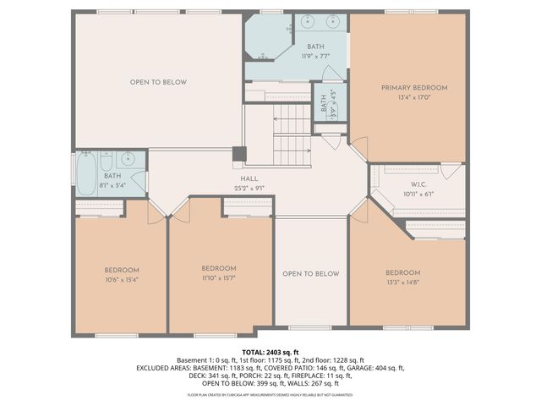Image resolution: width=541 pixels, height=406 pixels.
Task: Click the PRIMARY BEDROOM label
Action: pos(413,87)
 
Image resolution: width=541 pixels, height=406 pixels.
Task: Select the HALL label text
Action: pos(249,178)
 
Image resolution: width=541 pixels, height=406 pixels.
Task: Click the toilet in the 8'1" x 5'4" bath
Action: pos(106,161)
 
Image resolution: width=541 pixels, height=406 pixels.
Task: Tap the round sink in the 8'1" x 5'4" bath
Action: pos(128,159)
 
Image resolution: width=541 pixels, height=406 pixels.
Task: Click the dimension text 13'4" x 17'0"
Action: pos(413,97)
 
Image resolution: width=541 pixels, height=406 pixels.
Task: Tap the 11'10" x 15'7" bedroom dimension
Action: pos(218,277)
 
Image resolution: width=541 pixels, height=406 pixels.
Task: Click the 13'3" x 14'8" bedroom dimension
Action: pos(402,283)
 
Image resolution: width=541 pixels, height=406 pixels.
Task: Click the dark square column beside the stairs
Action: pos(239,154)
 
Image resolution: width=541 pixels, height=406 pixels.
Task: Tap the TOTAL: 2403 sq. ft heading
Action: pos(270,351)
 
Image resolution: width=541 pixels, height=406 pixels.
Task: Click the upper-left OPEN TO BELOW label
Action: pos(158,82)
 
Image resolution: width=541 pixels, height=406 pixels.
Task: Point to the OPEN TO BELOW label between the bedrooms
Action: pos(310,274)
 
